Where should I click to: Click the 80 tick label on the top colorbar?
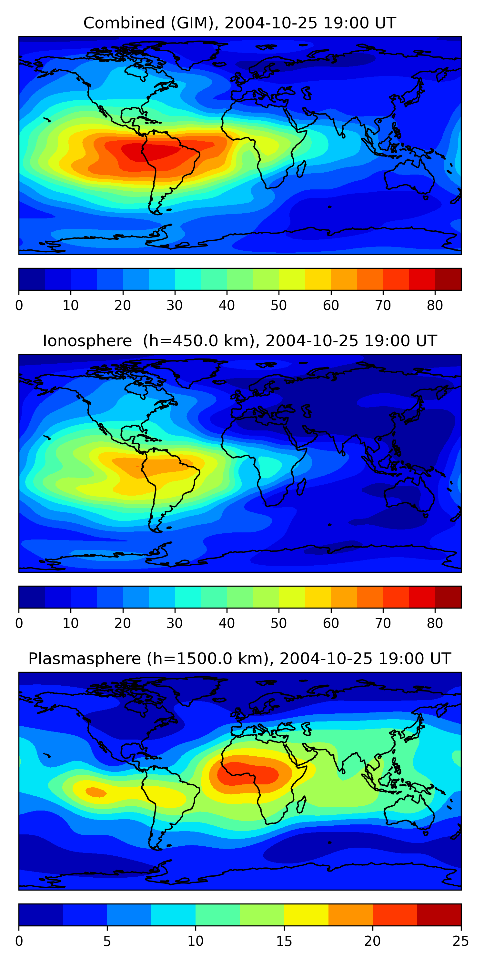click(x=435, y=306)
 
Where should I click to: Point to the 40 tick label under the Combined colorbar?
click(x=227, y=306)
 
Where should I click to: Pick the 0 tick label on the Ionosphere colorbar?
click(x=19, y=623)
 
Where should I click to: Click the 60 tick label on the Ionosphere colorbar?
click(x=331, y=623)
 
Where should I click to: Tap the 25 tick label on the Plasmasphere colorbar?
click(x=461, y=941)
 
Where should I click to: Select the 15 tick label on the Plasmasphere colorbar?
click(x=284, y=941)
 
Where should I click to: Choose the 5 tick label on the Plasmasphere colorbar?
click(x=107, y=941)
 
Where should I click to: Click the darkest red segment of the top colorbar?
click(x=448, y=279)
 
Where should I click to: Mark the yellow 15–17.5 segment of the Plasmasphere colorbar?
click(x=306, y=915)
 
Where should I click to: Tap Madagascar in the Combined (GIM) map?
click(x=301, y=169)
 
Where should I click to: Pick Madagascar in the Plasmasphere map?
click(x=301, y=805)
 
